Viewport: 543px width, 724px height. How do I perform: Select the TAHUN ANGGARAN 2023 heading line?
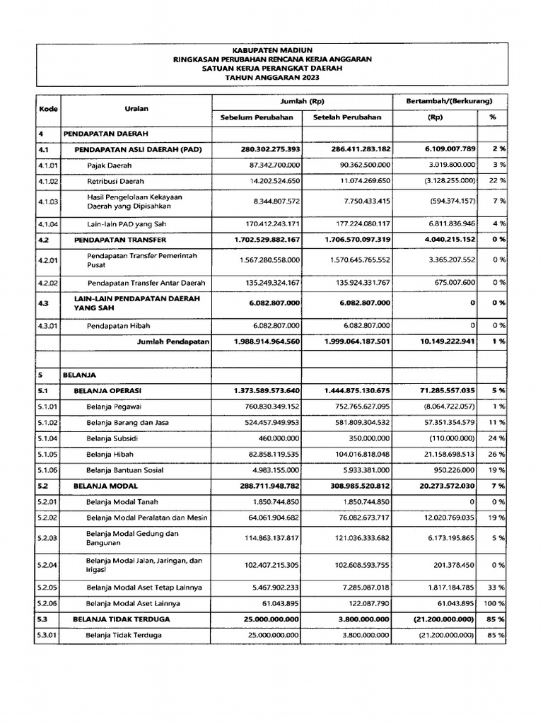pos(272,79)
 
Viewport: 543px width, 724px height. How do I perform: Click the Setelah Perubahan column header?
pos(347,117)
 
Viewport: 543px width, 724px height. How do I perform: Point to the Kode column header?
pos(48,110)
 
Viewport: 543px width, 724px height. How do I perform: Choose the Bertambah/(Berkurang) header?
pos(449,102)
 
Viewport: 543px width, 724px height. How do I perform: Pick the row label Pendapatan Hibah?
pos(118,326)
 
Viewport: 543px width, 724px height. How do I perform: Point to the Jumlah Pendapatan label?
pos(174,341)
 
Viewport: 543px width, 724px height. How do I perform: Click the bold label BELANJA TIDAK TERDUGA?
pos(121,619)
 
